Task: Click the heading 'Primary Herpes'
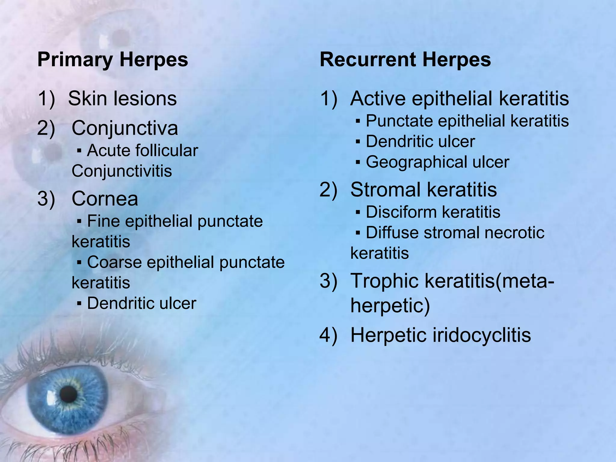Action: coord(112,60)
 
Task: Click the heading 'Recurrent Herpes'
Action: coord(405,60)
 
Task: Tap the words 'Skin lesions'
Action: coord(122,99)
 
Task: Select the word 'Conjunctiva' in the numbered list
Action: coord(125,128)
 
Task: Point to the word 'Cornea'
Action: coord(105,199)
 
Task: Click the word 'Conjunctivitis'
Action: coord(122,171)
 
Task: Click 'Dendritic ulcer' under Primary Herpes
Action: coord(141,303)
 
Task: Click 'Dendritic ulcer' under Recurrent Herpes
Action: coord(420,141)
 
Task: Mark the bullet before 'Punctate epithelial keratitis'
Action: coord(358,122)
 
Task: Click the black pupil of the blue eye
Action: coord(68,394)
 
